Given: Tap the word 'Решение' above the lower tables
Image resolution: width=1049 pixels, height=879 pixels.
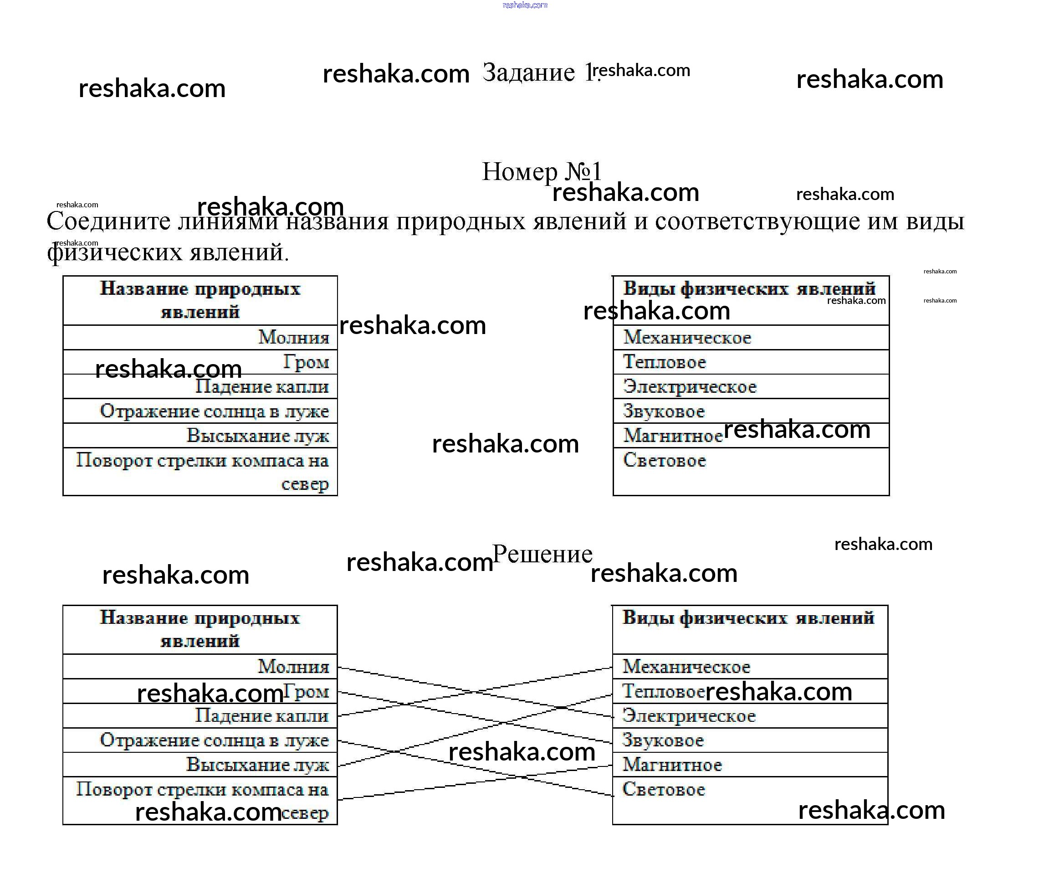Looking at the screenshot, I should point(542,554).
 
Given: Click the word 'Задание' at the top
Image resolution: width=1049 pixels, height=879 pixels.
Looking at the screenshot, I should point(528,73).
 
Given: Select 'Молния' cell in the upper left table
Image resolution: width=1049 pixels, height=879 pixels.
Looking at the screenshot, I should point(294,338).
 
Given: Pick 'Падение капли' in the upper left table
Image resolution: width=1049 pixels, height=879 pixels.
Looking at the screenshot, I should point(262,387).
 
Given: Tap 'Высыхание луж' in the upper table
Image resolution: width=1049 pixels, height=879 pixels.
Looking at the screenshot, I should point(258,436).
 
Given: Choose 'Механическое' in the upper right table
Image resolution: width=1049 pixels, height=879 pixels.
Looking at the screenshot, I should point(687,338).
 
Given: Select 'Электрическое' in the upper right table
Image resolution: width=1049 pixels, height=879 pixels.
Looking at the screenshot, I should point(690,387).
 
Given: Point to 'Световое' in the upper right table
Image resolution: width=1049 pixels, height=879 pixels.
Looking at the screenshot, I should point(665,460).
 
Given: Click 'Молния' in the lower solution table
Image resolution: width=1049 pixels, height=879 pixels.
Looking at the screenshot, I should point(294,667).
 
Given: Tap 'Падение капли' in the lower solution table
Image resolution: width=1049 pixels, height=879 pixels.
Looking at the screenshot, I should point(262,715).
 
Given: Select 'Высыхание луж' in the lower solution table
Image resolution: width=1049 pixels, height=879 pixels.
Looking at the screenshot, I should point(258,765).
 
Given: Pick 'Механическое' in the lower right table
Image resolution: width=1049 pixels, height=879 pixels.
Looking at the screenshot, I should point(686,667).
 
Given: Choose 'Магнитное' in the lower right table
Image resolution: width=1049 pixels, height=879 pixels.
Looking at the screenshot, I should point(672,765).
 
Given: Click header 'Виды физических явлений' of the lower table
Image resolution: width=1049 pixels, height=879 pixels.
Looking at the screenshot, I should point(748,619).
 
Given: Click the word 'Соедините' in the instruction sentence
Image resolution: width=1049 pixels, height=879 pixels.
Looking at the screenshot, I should point(108,221).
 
